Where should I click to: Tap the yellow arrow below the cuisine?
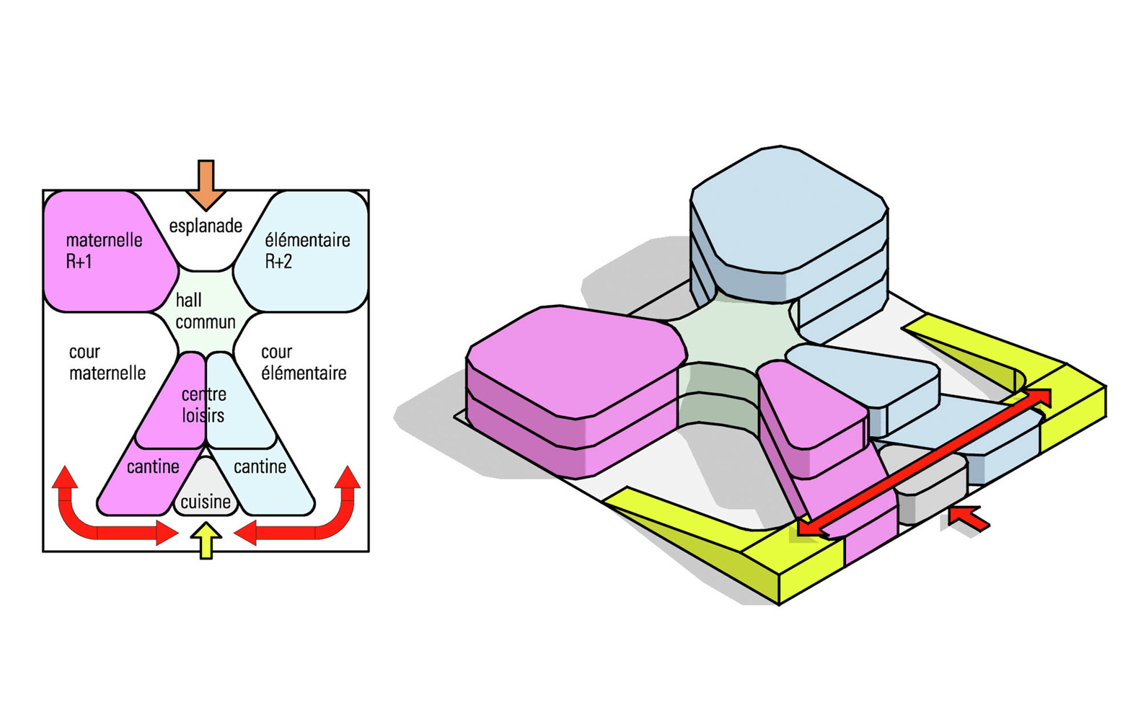point(206,540)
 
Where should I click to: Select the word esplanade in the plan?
point(206,226)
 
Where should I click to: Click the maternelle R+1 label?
point(103,250)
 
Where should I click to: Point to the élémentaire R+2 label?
point(307,250)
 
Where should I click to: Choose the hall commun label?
point(205,311)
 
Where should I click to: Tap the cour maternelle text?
point(107,362)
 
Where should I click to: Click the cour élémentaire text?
point(303,362)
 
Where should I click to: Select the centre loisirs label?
point(203,404)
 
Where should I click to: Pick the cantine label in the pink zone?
point(153,467)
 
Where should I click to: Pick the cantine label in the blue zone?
point(260,467)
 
